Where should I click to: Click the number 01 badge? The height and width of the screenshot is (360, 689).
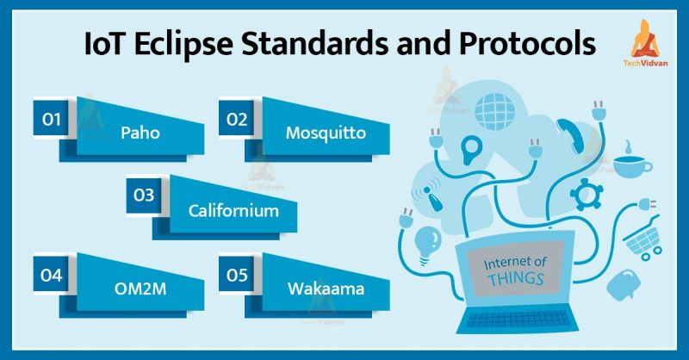click(x=53, y=119)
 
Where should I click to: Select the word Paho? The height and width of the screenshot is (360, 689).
click(x=141, y=133)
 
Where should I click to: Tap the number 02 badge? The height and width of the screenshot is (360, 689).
click(x=239, y=119)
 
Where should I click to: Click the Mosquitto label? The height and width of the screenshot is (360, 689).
click(x=326, y=133)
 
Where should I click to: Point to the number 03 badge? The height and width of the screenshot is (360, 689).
click(x=144, y=196)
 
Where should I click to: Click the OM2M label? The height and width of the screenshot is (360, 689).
click(x=141, y=290)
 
